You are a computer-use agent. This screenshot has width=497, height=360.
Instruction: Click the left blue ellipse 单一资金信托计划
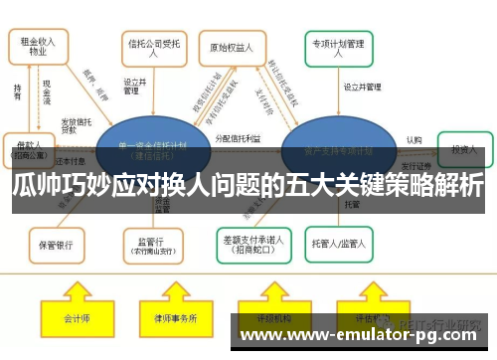[152, 150]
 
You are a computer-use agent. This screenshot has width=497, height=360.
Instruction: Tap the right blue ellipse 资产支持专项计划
[332, 150]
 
